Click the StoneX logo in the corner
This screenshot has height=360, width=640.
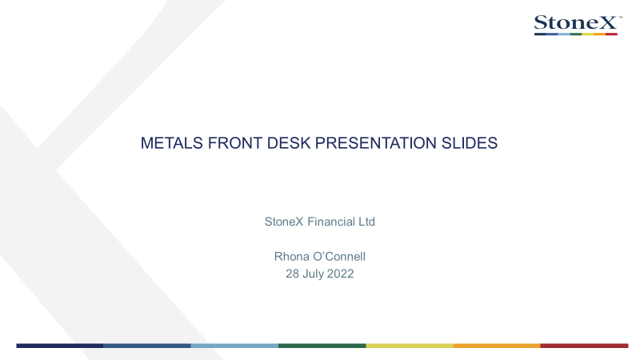(578, 25)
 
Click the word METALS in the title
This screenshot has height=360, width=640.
(172, 143)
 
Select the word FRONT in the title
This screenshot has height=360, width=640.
(234, 143)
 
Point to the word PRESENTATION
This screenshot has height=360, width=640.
(376, 143)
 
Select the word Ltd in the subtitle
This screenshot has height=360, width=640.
(366, 222)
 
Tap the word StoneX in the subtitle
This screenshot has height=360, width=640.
(284, 222)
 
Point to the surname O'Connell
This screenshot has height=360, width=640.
(339, 256)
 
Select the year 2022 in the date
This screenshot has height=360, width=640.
(340, 274)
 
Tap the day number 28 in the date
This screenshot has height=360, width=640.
(293, 274)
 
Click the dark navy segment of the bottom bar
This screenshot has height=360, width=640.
(59, 346)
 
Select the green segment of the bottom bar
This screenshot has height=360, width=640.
(322, 346)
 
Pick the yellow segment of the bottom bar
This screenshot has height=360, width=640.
(410, 346)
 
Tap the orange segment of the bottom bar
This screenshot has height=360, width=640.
(497, 346)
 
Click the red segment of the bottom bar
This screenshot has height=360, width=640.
(585, 346)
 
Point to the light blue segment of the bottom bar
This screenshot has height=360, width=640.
(234, 346)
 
